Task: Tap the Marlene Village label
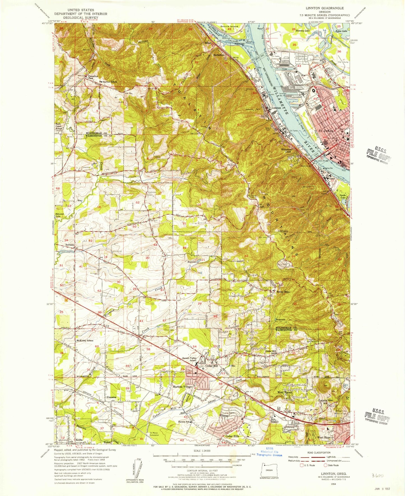[x=182, y=387]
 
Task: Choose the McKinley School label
[x=85, y=341]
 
